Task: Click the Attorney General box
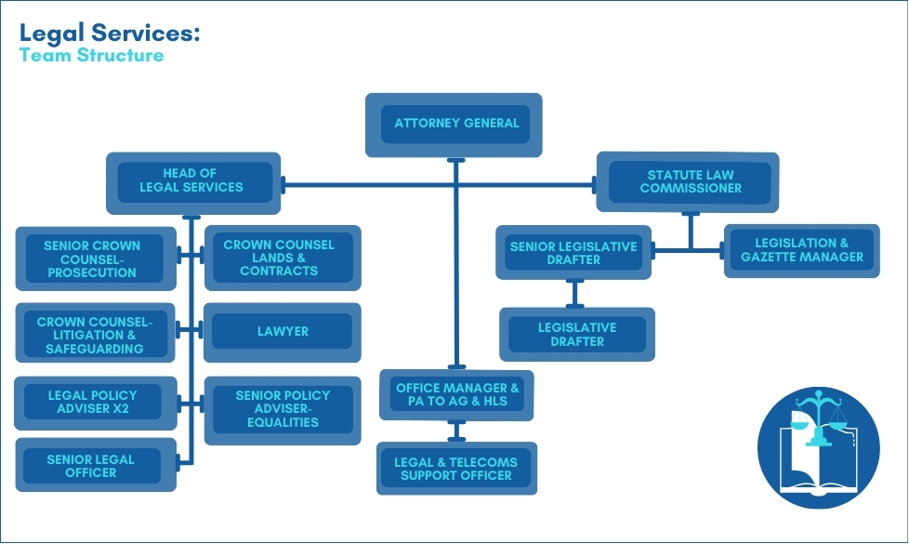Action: click(454, 124)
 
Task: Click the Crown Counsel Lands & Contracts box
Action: click(280, 258)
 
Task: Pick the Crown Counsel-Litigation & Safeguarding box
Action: click(93, 335)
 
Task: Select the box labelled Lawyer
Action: click(282, 331)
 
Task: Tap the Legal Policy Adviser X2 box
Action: click(93, 402)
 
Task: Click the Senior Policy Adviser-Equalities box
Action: click(283, 409)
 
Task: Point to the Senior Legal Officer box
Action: click(93, 465)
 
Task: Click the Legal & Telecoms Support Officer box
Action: click(456, 468)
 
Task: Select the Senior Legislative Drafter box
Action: click(573, 253)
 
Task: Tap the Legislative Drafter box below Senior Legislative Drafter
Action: click(576, 334)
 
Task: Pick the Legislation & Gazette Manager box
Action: click(801, 250)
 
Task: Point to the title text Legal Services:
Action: click(110, 33)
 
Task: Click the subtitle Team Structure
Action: click(91, 56)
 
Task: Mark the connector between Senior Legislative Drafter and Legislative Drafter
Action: click(575, 293)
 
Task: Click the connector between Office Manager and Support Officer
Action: click(456, 431)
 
